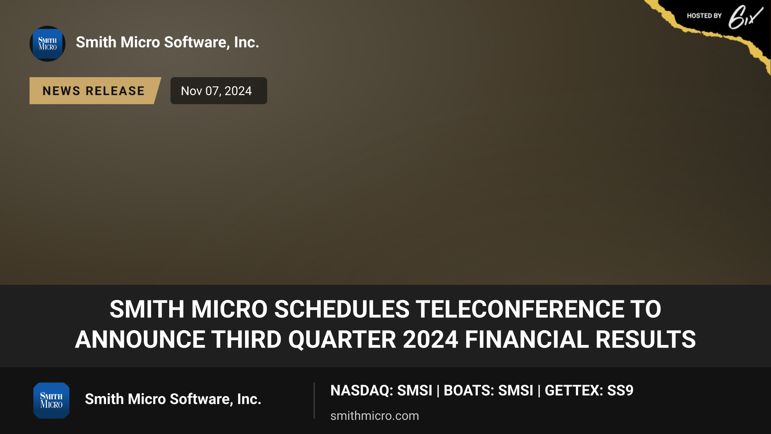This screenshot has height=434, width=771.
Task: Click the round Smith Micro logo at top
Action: [48, 44]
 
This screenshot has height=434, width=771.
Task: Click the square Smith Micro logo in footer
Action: [51, 401]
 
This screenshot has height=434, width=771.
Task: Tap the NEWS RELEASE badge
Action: [94, 91]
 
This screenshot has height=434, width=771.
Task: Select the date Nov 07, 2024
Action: [216, 91]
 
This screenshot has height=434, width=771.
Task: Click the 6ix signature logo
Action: [745, 17]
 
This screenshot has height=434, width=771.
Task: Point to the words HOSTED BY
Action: [704, 16]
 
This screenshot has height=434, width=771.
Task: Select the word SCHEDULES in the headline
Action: [342, 309]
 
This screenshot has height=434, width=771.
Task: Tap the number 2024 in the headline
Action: [430, 339]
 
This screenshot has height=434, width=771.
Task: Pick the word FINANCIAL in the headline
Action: [527, 339]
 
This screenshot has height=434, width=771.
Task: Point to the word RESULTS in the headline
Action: [646, 339]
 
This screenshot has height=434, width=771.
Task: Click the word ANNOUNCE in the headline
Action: [140, 339]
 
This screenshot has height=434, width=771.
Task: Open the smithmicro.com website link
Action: [375, 416]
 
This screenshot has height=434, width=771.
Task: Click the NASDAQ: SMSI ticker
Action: [381, 391]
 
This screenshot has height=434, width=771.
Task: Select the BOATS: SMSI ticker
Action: [488, 391]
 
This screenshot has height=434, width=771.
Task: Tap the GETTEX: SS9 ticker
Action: [589, 391]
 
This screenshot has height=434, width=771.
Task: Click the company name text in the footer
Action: [173, 399]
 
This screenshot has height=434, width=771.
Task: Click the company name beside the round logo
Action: [167, 42]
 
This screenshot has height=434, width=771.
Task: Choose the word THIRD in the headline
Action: [246, 339]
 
